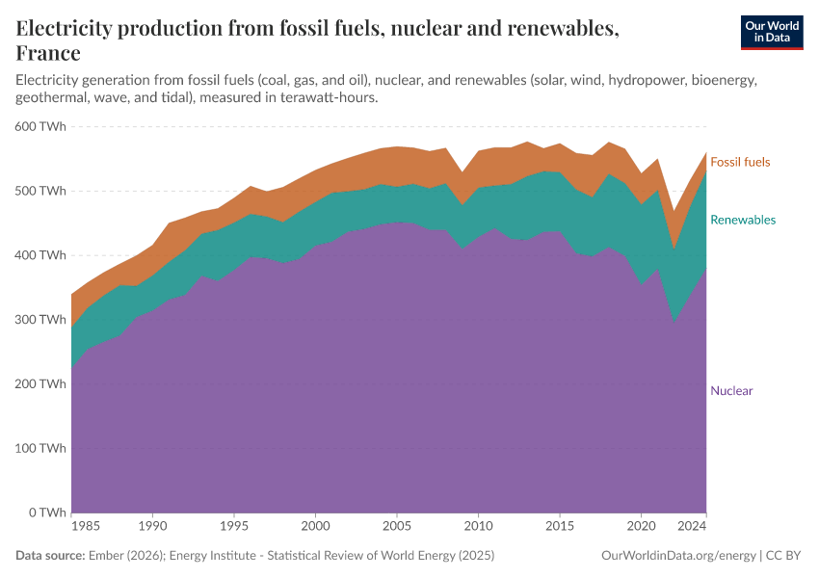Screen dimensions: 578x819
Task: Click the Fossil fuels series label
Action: click(740, 162)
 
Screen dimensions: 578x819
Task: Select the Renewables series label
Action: click(742, 220)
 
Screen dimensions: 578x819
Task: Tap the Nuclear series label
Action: click(731, 390)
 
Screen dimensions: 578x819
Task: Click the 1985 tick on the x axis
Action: click(86, 527)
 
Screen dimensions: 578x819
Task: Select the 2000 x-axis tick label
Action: click(315, 527)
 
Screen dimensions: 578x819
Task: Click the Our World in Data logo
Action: click(771, 32)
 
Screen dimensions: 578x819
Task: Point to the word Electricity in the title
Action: click(67, 29)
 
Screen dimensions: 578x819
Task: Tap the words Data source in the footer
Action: click(49, 556)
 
